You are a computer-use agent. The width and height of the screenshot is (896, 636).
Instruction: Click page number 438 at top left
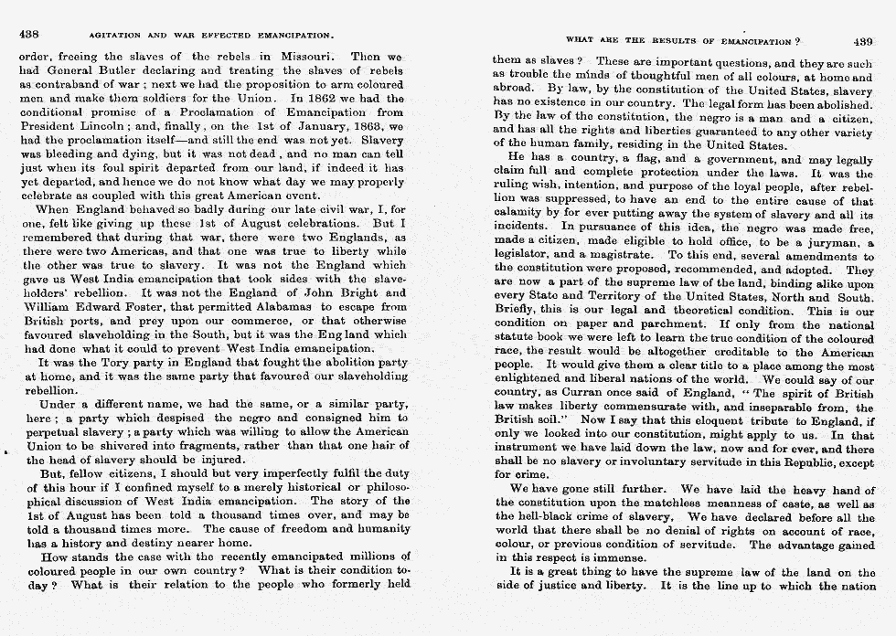pyautogui.click(x=27, y=35)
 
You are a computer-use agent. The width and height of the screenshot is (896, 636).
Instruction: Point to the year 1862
pyautogui.click(x=317, y=96)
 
